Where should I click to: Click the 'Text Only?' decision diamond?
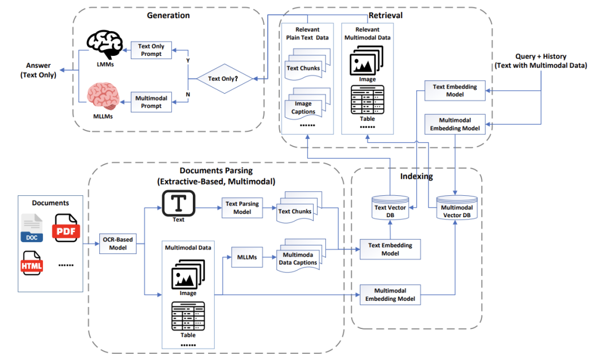click(x=223, y=78)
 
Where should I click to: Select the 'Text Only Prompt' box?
click(x=151, y=50)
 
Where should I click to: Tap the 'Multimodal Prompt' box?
click(x=151, y=102)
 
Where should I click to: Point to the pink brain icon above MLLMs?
click(x=103, y=96)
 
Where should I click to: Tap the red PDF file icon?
click(x=67, y=229)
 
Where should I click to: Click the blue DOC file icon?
click(x=31, y=229)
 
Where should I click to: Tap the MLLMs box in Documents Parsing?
click(x=246, y=257)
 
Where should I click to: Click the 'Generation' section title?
click(x=168, y=15)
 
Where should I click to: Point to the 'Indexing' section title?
click(x=417, y=177)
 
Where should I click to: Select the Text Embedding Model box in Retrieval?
click(x=454, y=90)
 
